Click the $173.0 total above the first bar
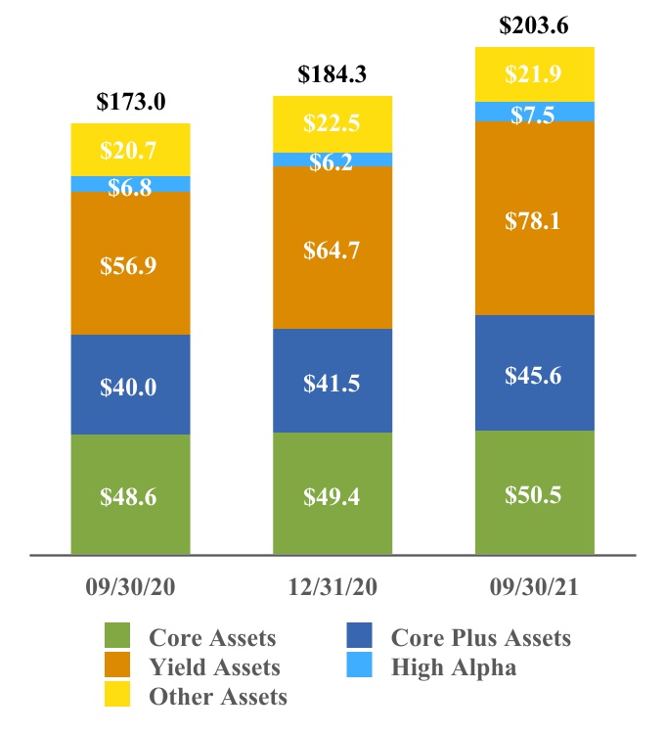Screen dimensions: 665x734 point(131,102)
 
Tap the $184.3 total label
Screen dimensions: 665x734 point(332,74)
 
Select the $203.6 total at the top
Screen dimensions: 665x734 point(534,25)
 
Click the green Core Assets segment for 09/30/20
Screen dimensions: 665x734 point(130,494)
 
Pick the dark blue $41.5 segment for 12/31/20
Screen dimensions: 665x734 point(332,381)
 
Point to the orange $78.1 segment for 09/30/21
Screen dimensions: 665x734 point(535,218)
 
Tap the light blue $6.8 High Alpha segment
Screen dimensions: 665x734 point(130,184)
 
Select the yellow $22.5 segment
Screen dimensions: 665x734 point(332,124)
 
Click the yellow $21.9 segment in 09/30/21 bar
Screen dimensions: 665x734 point(535,74)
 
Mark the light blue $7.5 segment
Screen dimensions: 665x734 point(535,112)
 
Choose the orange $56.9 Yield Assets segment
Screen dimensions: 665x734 point(130,263)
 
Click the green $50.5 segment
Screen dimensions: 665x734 point(535,492)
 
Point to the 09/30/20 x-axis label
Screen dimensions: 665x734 point(130,587)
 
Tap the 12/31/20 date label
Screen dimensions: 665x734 point(332,587)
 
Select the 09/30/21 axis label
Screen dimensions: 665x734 point(534,587)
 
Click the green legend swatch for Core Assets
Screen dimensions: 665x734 point(117,635)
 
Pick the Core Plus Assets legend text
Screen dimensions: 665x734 point(481,637)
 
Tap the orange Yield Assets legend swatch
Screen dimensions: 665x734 point(117,665)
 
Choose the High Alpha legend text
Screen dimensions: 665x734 point(454,667)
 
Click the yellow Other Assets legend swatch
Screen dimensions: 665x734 point(117,694)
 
